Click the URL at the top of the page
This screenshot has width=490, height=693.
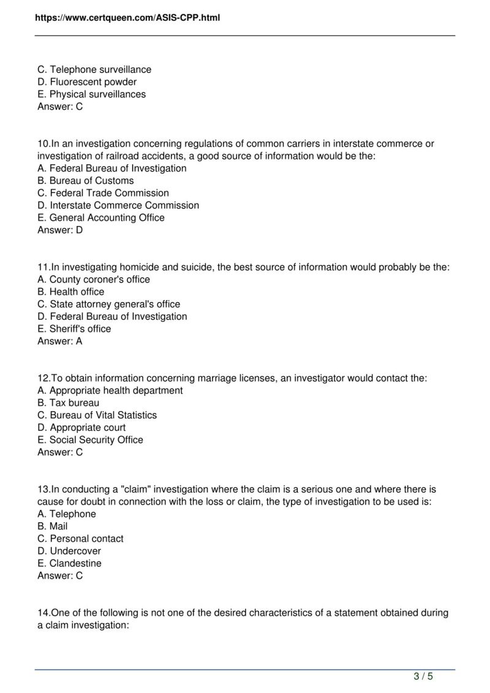[127, 18]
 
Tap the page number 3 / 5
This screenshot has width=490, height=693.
[423, 676]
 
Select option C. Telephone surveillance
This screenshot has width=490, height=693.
[94, 69]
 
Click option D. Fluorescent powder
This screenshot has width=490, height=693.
[87, 81]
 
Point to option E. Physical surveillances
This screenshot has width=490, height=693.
[91, 94]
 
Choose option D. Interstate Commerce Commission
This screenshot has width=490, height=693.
[118, 205]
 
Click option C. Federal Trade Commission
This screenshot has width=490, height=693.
[103, 193]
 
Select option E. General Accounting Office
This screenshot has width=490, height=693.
[101, 218]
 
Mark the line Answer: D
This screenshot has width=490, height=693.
[60, 230]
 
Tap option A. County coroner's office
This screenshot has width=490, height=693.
[94, 279]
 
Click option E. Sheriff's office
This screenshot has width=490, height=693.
[74, 328]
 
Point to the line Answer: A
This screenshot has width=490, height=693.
[60, 341]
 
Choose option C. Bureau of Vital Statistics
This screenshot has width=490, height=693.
[97, 415]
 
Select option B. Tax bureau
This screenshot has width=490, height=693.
[68, 403]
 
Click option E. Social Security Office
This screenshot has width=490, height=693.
[90, 439]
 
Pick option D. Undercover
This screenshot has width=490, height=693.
[69, 551]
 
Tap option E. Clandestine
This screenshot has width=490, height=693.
[69, 563]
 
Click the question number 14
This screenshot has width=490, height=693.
[43, 613]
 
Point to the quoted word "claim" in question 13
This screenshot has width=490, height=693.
[138, 489]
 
